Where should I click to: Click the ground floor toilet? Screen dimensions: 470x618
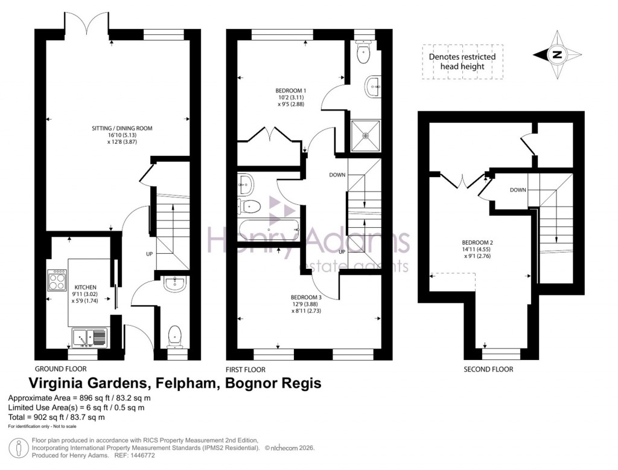point(174,335)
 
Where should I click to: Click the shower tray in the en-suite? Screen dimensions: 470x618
point(365,135)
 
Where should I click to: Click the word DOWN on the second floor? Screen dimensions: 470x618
point(517,190)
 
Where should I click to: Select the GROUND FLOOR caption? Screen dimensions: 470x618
point(60,369)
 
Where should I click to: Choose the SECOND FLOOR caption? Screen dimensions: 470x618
point(488,369)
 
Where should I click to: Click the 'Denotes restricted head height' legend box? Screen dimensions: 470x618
point(462,61)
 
